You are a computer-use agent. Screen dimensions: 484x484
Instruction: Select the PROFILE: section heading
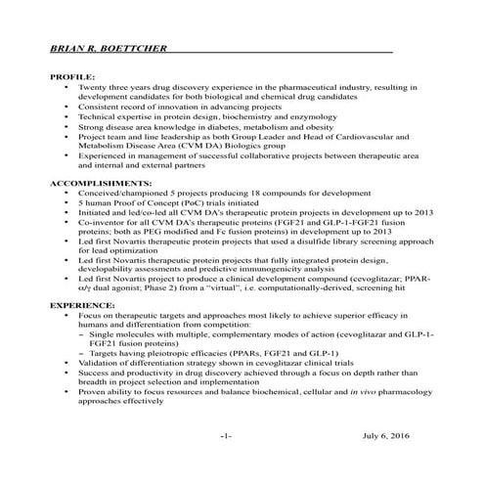(72, 77)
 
